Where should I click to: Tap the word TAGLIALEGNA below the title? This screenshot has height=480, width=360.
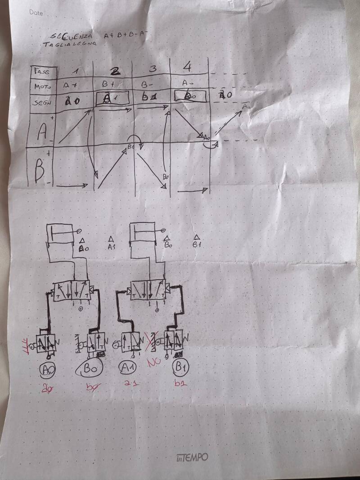tap(59, 44)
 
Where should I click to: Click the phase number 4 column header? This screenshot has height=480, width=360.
tap(188, 68)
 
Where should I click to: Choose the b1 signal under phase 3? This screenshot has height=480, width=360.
tap(149, 97)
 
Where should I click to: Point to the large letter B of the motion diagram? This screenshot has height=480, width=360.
tap(40, 172)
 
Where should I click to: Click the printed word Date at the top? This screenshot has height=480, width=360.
tap(36, 13)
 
